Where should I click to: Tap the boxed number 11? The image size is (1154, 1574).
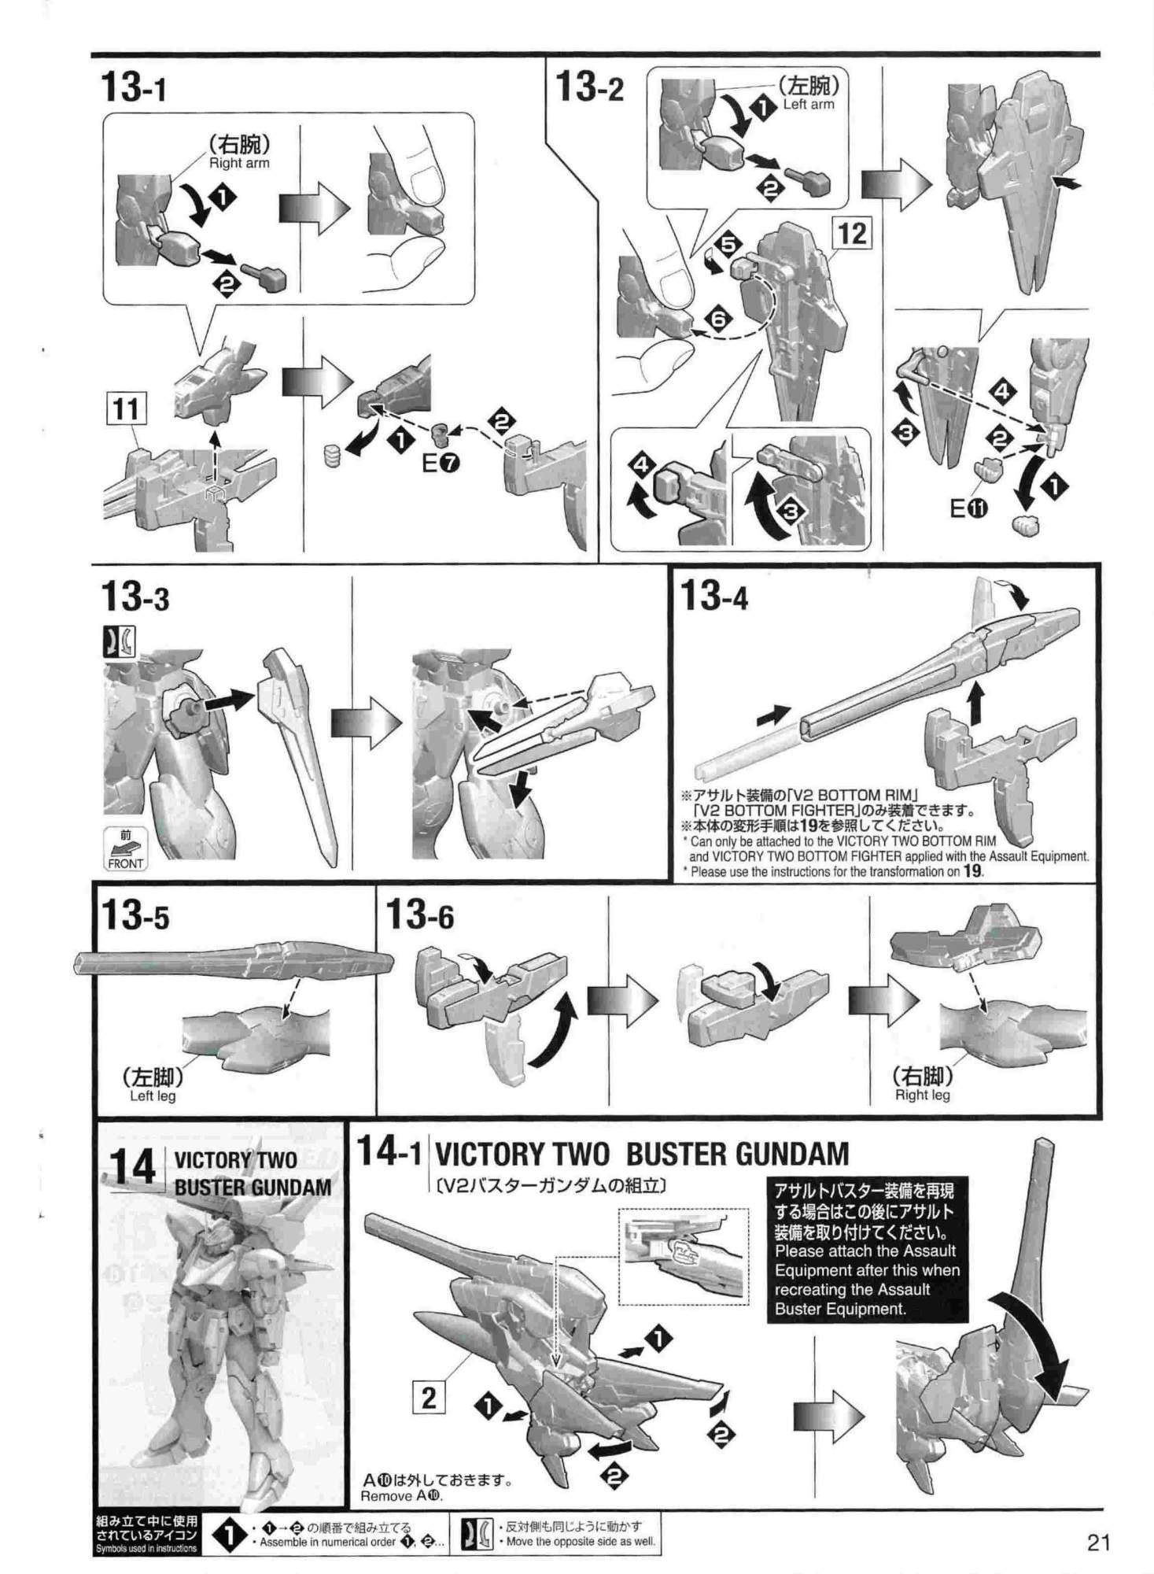(126, 409)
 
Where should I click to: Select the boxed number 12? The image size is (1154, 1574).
(853, 233)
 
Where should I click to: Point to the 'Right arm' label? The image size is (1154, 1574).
(239, 164)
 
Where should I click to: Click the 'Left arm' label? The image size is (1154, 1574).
(809, 104)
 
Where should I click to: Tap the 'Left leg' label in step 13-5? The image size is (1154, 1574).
(153, 1096)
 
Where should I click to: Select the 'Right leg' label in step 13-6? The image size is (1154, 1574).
(922, 1095)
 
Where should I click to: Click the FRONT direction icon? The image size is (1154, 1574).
(125, 849)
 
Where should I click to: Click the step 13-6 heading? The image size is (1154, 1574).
(420, 915)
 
